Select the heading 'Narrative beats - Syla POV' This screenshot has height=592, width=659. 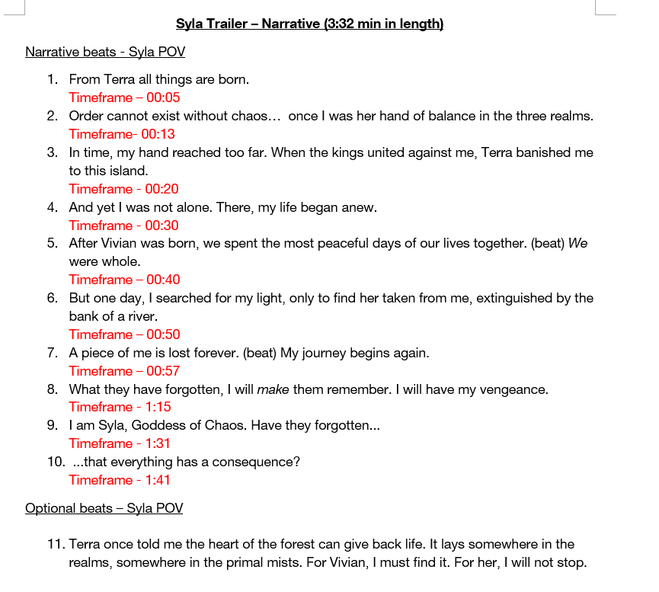pos(105,52)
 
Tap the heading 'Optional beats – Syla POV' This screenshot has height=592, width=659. pos(104,508)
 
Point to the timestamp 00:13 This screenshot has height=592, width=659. pos(158,134)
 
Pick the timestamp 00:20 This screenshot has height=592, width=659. pos(162,189)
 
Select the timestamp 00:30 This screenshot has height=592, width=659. pos(162,226)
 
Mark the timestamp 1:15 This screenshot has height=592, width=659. pos(158,407)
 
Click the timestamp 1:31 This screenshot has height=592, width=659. pos(158,443)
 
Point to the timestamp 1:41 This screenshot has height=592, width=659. pos(158,480)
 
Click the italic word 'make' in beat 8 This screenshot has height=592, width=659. pos(273,389)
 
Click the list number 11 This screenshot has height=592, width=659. pos(55,544)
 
